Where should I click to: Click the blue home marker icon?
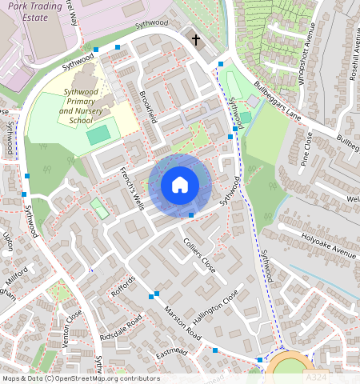coord(180,185)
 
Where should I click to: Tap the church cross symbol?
coord(194,39)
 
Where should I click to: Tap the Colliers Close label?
coord(199,252)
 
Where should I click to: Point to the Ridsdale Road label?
coord(122,328)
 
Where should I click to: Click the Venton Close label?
coord(73,324)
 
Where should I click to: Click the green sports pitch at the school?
coord(98,135)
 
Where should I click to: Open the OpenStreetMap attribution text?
coord(80,378)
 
